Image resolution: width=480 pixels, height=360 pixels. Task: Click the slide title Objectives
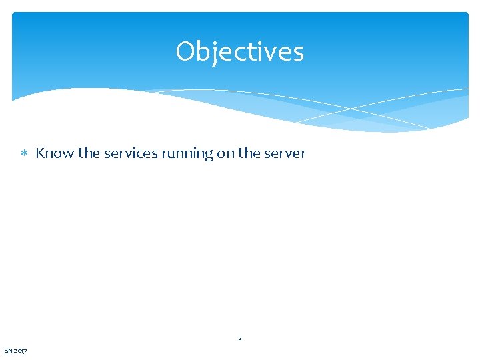point(240,52)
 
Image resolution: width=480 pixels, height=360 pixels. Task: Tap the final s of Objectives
point(297,53)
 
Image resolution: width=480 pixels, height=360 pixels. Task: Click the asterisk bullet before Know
point(24,154)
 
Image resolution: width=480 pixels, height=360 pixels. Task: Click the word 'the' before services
point(88,153)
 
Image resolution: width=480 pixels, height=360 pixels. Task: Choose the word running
point(187,154)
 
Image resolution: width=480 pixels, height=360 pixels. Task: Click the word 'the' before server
point(249,153)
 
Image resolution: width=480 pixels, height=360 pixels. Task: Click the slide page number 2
point(240,339)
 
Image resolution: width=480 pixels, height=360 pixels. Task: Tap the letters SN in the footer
point(8,351)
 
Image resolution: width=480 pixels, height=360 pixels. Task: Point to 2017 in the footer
point(21,351)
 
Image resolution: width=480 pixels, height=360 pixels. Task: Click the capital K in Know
point(40,153)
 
